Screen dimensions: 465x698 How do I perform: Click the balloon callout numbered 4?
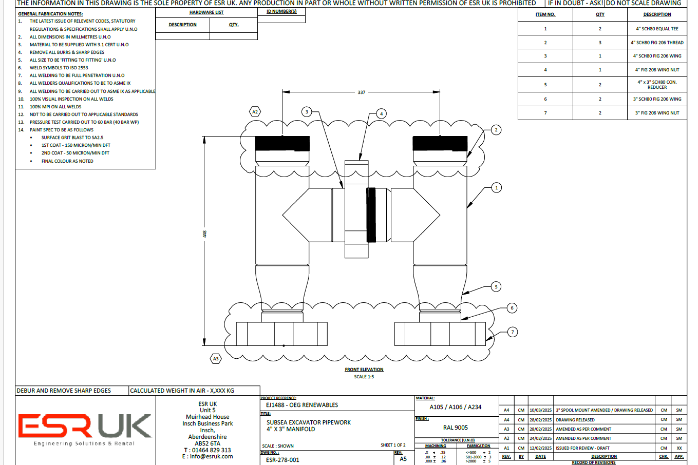pyautogui.click(x=381, y=113)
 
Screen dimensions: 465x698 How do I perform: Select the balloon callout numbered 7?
pyautogui.click(x=512, y=332)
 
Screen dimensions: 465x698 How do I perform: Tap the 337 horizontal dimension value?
pyautogui.click(x=362, y=92)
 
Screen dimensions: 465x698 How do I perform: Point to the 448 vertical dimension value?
pyautogui.click(x=204, y=234)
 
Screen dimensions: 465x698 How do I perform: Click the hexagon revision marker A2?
pyautogui.click(x=255, y=111)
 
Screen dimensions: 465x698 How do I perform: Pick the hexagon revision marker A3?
pyautogui.click(x=216, y=359)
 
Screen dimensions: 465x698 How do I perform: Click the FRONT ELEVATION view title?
pyautogui.click(x=364, y=370)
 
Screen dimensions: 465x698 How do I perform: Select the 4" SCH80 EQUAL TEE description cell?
pyautogui.click(x=657, y=29)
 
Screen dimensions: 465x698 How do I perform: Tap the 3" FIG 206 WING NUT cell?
pyautogui.click(x=657, y=113)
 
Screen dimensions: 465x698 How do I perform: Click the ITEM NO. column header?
pyautogui.click(x=545, y=14)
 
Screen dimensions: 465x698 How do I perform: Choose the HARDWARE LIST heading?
pyautogui.click(x=206, y=12)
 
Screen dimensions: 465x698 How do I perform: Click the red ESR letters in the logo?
pyautogui.click(x=54, y=426)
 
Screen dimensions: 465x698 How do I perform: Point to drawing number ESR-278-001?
pyautogui.click(x=282, y=460)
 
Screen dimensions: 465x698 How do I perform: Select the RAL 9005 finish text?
pyautogui.click(x=456, y=428)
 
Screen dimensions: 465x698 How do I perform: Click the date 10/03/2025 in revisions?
pyautogui.click(x=540, y=410)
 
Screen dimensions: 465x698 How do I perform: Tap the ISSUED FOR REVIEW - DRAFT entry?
pyautogui.click(x=582, y=448)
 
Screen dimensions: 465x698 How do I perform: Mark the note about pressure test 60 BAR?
pyautogui.click(x=84, y=122)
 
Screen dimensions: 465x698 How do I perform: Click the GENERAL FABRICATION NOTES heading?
pyautogui.click(x=50, y=14)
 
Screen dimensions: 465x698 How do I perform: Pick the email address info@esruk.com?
pyautogui.click(x=207, y=456)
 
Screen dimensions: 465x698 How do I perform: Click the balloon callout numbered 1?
pyautogui.click(x=496, y=188)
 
